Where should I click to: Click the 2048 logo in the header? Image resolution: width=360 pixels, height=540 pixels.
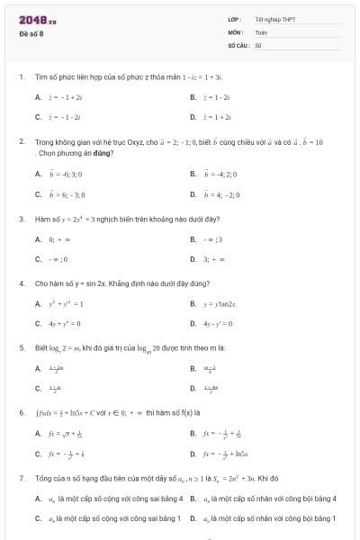tap(38, 20)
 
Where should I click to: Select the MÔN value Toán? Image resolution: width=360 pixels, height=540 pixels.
tap(260, 31)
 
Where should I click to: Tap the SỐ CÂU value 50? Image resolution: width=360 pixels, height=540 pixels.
tap(258, 44)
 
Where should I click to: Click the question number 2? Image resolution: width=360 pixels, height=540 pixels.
tap(21, 142)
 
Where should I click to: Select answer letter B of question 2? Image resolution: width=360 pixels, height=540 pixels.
tap(193, 173)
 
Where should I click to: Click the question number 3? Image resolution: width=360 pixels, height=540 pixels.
tap(21, 219)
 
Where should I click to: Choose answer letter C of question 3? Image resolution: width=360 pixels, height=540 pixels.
tap(38, 259)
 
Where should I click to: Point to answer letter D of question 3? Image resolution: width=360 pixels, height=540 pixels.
tap(193, 259)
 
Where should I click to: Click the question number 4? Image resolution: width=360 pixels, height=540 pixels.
tap(21, 283)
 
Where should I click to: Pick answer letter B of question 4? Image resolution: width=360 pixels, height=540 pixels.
tap(193, 303)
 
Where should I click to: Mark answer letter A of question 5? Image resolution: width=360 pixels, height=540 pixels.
tap(38, 367)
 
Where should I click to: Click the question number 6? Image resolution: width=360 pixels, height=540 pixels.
tap(21, 412)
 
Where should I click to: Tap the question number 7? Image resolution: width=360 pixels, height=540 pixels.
tap(21, 478)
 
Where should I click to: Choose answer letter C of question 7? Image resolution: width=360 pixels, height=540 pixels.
tap(38, 518)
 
